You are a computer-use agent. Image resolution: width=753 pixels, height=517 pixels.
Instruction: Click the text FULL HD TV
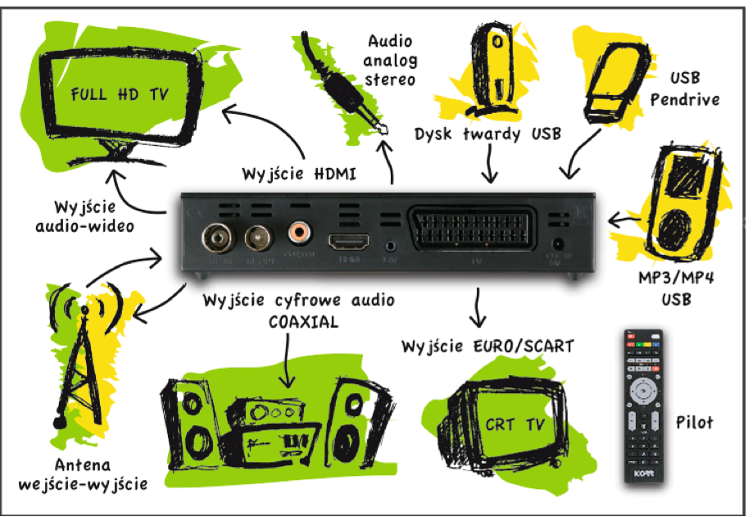(120, 94)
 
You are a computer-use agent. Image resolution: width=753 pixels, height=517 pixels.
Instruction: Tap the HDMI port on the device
(348, 242)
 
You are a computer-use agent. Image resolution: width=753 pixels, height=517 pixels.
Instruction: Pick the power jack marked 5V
(560, 244)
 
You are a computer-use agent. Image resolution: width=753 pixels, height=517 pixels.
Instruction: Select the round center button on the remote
(643, 392)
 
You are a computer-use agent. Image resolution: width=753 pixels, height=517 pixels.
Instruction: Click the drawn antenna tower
(78, 352)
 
